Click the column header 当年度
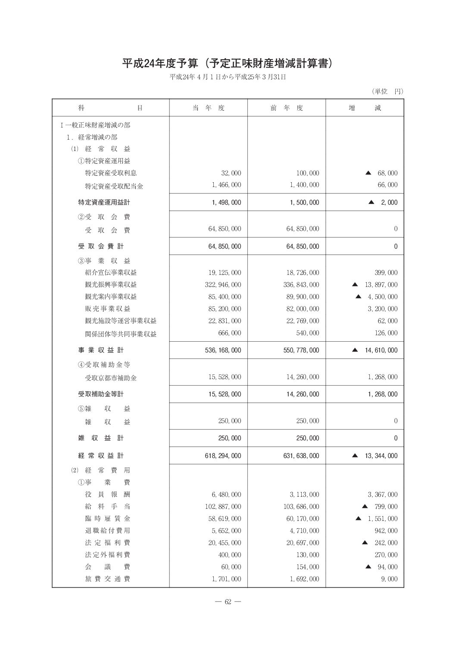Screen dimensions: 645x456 coord(209,108)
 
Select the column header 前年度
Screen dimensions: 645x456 coord(287,108)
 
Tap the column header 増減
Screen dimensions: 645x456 coord(365,108)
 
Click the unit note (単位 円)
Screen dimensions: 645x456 coord(387,91)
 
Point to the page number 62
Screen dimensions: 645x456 coord(228,602)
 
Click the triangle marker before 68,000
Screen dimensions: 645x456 coord(368,173)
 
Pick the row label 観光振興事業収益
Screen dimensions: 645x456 coord(111,285)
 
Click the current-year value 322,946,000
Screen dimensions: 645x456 coord(223,285)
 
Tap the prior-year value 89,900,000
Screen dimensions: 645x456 coord(303,297)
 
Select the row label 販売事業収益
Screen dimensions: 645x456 coord(108,309)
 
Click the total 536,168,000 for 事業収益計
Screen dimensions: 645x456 coord(223,350)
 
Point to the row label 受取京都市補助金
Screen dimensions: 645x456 coord(111,378)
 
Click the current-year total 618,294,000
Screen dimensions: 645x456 coord(223,455)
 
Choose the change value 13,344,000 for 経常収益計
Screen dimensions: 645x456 coord(381,455)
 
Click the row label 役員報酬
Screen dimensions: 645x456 coord(108,495)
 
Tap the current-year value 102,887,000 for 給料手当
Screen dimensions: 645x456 coord(223,507)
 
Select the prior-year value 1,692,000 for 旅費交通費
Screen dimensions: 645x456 coord(304,579)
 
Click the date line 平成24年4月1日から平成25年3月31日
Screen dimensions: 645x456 coord(228,77)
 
